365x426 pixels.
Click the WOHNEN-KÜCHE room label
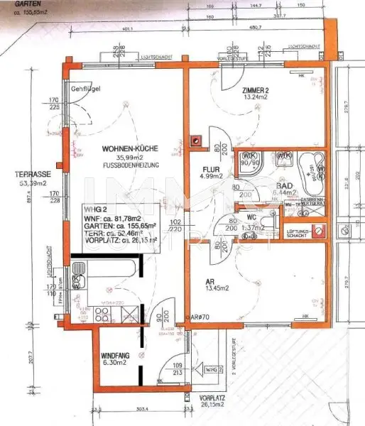129,149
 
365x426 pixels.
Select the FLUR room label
212,168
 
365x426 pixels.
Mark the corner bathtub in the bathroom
310,168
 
